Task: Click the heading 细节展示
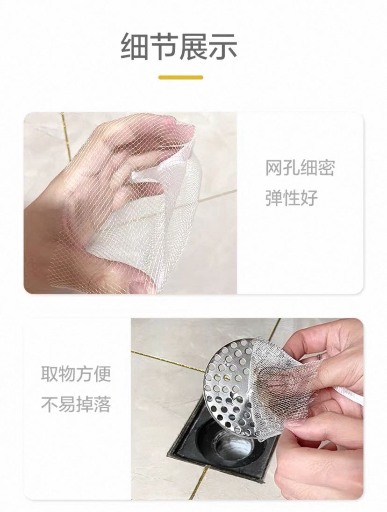coord(179,47)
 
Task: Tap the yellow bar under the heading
coord(181,78)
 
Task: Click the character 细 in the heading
coord(135,47)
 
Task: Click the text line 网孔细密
coord(300,168)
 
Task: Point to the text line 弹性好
coord(291,197)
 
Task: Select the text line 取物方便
coord(76,374)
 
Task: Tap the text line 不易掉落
coord(76,404)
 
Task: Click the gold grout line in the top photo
coord(66,137)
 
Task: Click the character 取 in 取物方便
coord(50,374)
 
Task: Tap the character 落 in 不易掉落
coord(102,404)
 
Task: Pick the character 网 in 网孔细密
coord(274,168)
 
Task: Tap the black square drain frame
coord(183,457)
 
